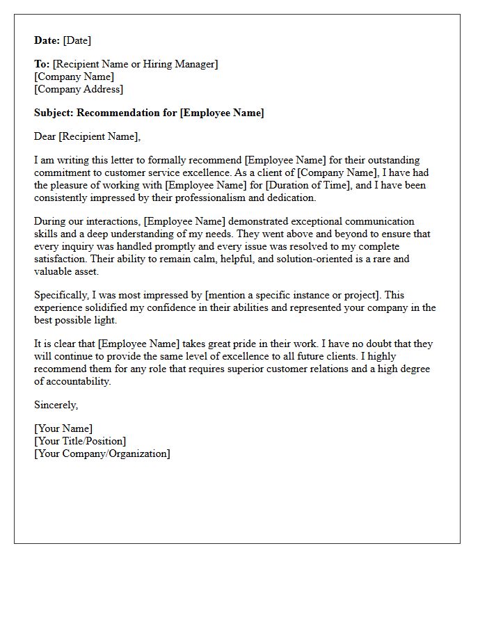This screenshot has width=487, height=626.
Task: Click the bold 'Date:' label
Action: click(x=47, y=40)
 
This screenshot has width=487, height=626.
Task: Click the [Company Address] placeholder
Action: click(x=79, y=89)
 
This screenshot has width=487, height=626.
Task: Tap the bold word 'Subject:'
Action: click(x=54, y=113)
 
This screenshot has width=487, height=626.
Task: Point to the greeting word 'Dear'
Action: click(x=45, y=136)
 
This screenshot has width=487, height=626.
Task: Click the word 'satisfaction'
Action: click(x=62, y=259)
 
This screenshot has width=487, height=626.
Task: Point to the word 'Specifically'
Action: click(x=61, y=295)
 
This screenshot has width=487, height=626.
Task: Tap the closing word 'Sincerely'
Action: click(x=56, y=405)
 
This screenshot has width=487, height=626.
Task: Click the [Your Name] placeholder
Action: click(x=63, y=428)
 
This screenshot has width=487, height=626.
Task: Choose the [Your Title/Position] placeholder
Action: click(x=80, y=441)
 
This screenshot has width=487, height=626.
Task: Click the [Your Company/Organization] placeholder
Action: click(x=102, y=454)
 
